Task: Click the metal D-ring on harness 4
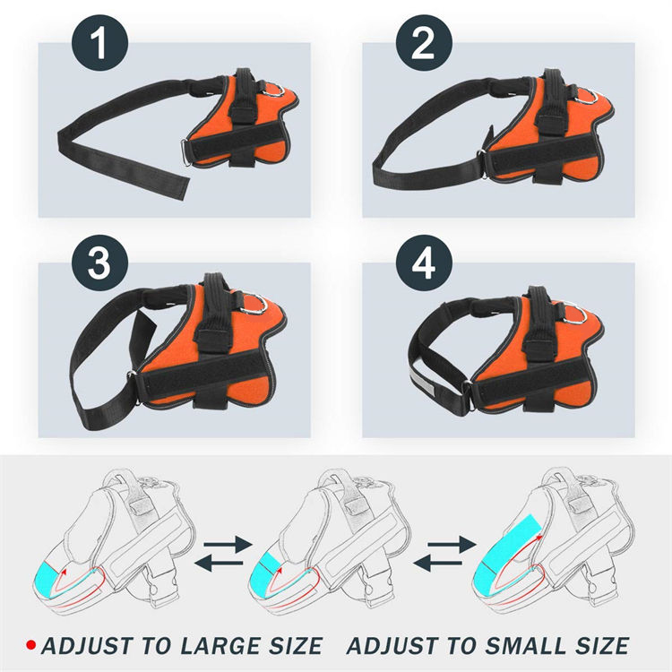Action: click(x=576, y=314)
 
